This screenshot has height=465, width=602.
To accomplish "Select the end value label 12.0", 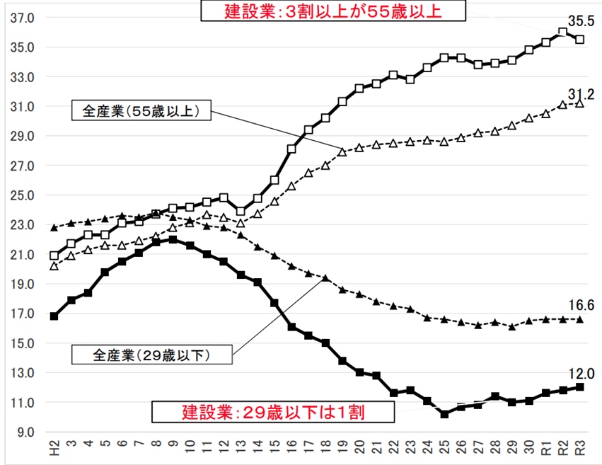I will click(x=578, y=373).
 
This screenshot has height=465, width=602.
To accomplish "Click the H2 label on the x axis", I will click(x=54, y=448).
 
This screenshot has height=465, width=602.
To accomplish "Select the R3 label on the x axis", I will click(x=579, y=448).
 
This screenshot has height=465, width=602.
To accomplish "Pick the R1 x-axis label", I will click(x=545, y=448).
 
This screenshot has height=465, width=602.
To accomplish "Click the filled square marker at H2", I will click(x=54, y=316).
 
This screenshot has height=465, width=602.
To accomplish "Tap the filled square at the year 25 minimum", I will click(x=444, y=414).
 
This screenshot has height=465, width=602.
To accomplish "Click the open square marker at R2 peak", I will click(x=562, y=32).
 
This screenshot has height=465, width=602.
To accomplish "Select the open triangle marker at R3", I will click(x=579, y=103).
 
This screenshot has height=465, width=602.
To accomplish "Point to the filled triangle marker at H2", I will click(x=54, y=228).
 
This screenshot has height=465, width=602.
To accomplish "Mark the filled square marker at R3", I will click(x=579, y=387).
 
